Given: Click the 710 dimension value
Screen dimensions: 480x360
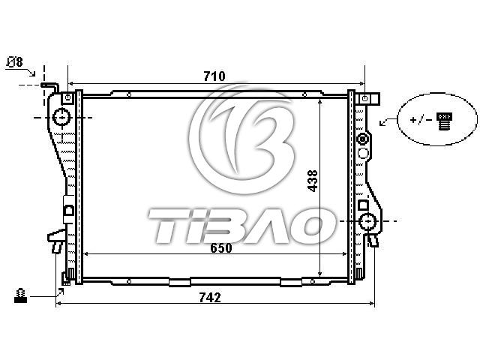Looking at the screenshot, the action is [214, 76].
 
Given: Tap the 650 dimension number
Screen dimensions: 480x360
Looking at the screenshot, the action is [221, 247].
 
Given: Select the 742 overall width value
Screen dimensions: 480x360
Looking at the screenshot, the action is [210, 297].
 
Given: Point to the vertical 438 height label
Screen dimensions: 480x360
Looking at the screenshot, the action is [313, 181].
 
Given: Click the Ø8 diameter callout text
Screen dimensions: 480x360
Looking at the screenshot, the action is [15, 61].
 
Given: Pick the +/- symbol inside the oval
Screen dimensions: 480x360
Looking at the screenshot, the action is [421, 119].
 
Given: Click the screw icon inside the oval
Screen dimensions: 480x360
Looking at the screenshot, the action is [445, 121].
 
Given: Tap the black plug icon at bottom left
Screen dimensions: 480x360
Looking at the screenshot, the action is [20, 295].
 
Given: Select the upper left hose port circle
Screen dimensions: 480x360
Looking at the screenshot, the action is [62, 117].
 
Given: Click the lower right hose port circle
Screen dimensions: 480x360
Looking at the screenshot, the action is [367, 221].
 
